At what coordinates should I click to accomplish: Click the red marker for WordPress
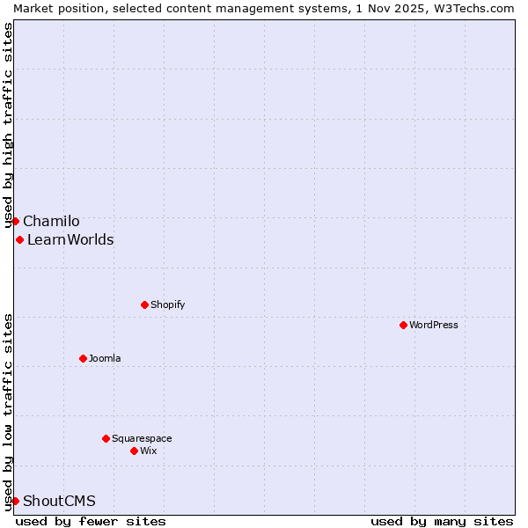tap(403, 325)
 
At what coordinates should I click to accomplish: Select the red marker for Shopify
tap(144, 304)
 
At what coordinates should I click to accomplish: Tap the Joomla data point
tap(83, 358)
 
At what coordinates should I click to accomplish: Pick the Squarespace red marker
tap(106, 438)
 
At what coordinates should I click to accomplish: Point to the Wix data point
tap(134, 451)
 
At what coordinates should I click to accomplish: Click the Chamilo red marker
tap(15, 221)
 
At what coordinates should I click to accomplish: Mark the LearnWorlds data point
tap(19, 239)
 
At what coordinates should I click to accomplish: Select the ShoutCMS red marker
tap(15, 501)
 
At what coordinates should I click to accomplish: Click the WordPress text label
tap(434, 325)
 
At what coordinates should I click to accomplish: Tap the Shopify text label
tap(167, 304)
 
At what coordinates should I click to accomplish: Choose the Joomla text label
tap(105, 358)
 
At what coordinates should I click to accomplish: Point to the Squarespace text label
tap(142, 438)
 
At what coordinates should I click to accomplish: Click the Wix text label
tap(149, 451)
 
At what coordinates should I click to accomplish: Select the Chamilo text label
tap(51, 221)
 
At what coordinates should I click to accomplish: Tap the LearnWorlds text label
tap(70, 239)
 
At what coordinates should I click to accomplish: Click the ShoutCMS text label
tap(59, 501)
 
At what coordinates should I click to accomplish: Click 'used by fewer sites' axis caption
tap(91, 521)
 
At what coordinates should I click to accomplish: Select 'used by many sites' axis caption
tap(442, 521)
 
